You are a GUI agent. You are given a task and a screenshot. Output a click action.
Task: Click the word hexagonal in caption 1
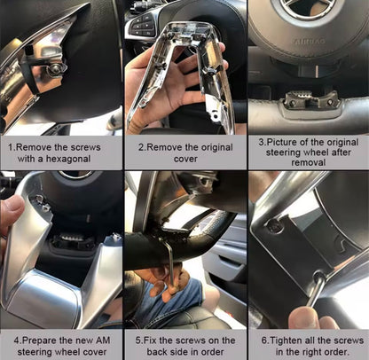(x=68, y=159)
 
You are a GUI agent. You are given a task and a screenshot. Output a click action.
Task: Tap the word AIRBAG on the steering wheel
(x=310, y=41)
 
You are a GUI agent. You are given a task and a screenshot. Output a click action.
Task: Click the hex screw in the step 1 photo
(x=55, y=69)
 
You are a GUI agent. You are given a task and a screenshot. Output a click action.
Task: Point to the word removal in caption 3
(x=309, y=162)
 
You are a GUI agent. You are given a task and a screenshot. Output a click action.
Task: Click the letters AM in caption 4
(x=103, y=340)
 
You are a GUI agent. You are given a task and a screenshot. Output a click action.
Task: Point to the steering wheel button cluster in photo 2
(x=141, y=25)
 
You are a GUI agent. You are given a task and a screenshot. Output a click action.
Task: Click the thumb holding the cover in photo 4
(x=11, y=212)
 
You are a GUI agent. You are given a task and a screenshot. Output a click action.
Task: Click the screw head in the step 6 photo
(x=274, y=225)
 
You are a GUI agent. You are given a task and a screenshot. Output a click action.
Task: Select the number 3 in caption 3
(x=261, y=142)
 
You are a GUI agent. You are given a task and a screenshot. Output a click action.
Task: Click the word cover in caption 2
(x=185, y=159)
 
